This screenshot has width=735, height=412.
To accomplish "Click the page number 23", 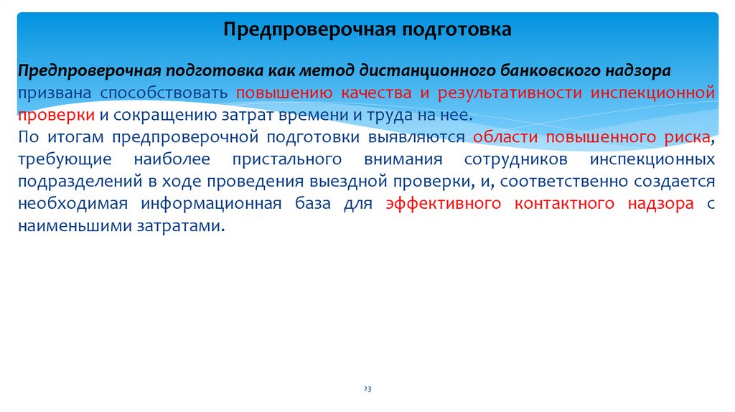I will click(367, 388).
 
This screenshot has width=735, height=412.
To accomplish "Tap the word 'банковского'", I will click(538, 71).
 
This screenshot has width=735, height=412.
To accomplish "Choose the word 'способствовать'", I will click(164, 93).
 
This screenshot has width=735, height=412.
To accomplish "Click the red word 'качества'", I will click(378, 93).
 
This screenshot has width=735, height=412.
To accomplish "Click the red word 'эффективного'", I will click(443, 204).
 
